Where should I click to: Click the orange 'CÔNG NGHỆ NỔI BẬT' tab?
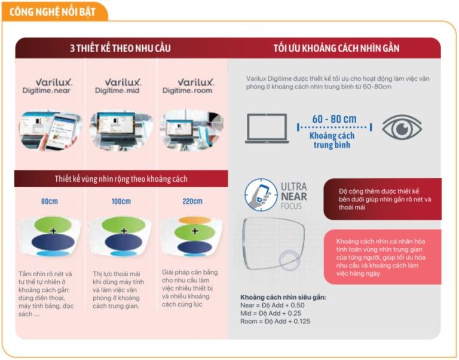pos(54,11)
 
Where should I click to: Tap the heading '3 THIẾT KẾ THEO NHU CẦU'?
pos(120,48)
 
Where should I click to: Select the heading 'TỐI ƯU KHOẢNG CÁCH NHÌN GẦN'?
pos(336,48)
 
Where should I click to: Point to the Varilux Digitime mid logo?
pos(121,86)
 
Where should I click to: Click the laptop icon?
pos(267,126)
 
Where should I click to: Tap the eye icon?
pos(401,127)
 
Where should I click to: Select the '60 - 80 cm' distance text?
pos(333,119)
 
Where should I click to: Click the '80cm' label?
pos(50,202)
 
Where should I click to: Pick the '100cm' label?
pos(121,202)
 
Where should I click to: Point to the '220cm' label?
pos(192,202)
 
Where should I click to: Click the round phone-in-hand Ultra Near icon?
pos(261,194)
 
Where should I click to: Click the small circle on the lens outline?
pos(291,260)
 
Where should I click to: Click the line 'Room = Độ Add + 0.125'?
pos(275,321)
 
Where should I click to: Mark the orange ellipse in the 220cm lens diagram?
pos(192,219)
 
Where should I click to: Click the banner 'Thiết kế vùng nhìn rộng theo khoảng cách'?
pos(121,179)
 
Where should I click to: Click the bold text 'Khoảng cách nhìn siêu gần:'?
pos(283,297)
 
